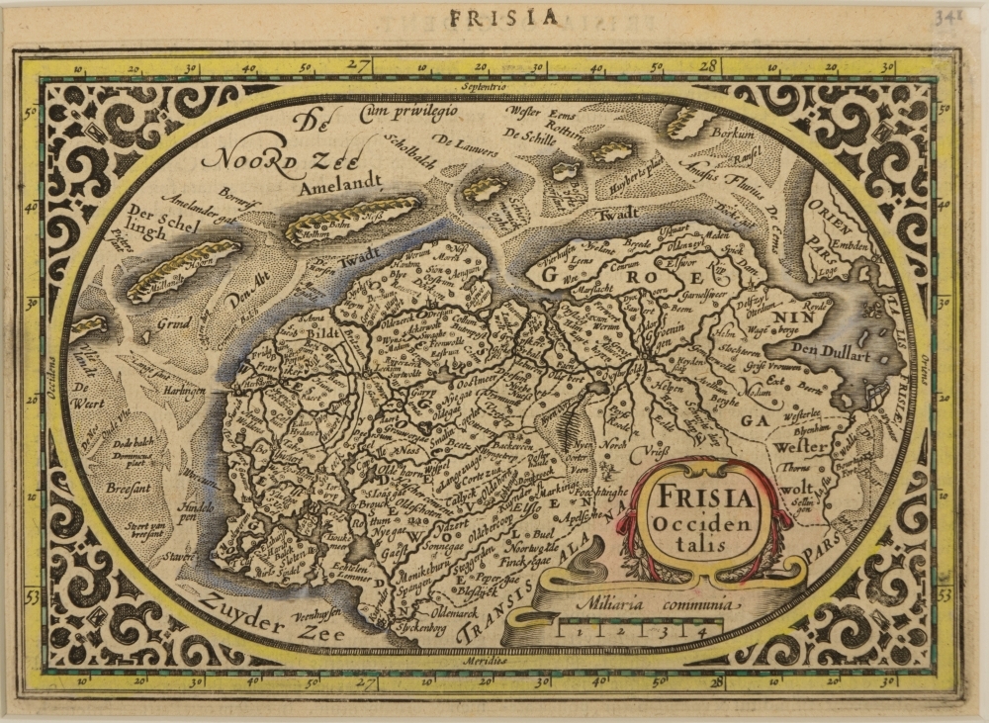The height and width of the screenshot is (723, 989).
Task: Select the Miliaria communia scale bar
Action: click(632, 626)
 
